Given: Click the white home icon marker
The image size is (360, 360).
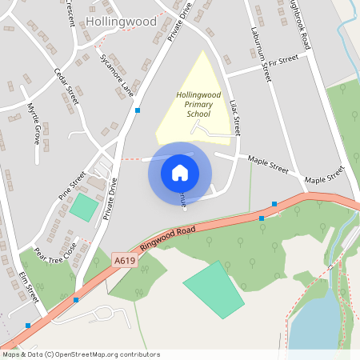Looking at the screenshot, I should click(x=180, y=173).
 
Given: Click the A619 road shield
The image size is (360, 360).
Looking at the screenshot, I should click(x=123, y=261).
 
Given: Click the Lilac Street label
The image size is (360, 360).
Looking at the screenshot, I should click(x=236, y=118).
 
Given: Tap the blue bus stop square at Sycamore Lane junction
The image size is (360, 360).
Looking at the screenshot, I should click(x=138, y=110).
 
